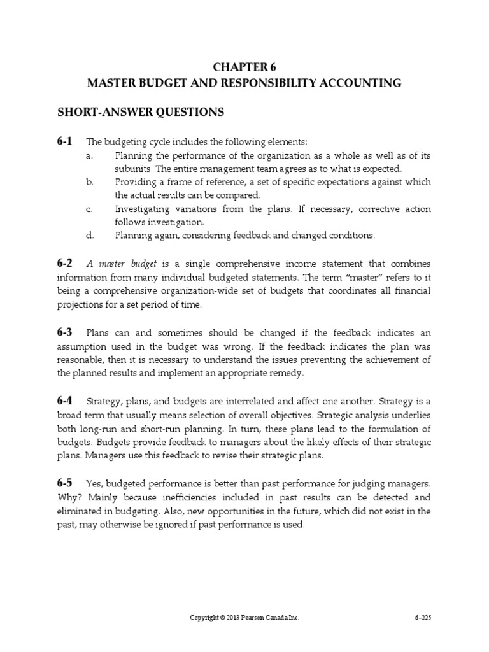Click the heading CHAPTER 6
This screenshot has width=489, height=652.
244,67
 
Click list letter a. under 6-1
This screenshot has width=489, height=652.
90,155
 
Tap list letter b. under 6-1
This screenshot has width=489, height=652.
90,182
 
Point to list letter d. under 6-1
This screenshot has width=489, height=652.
90,236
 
